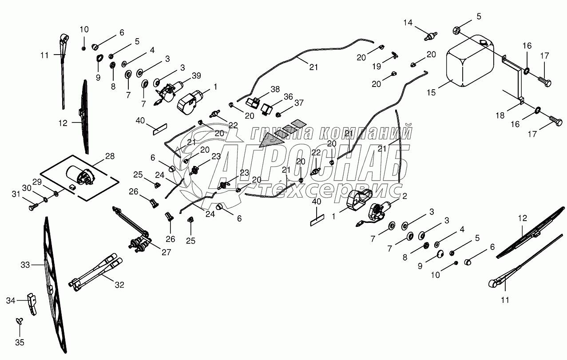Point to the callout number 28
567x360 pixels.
pos(110,156)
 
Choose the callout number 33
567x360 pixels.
pos(25,265)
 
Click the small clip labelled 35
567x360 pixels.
pos(19,320)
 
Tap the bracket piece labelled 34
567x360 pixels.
pos(32,303)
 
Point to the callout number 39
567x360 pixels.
pos(196,75)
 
